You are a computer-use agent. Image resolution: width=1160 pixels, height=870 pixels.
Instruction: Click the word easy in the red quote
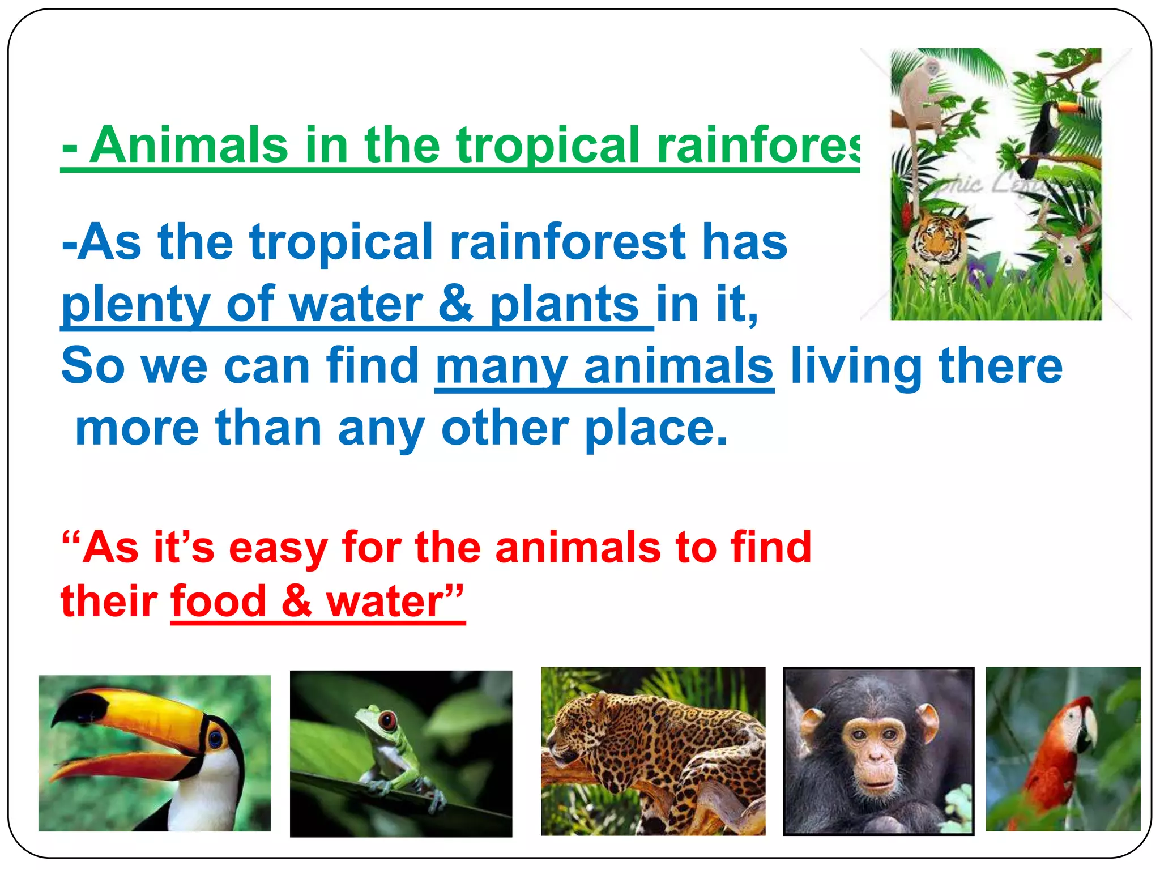point(278,548)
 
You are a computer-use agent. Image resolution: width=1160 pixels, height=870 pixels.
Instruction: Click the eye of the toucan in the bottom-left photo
point(215,738)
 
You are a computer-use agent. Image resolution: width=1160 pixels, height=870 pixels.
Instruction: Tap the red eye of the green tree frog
point(388,721)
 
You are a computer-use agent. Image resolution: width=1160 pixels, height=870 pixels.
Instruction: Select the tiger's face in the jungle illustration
point(938,238)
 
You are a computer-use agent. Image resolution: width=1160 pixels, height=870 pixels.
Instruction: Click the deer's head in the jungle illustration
point(1067,252)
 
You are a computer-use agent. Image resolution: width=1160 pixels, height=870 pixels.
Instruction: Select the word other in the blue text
point(505,428)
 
